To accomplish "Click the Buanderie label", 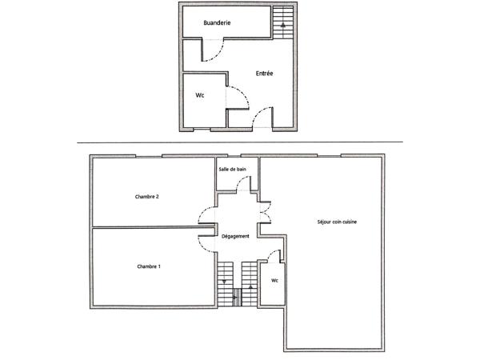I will click(217, 24).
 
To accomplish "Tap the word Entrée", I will click(265, 74).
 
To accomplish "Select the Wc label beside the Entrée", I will click(200, 95).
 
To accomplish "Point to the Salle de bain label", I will click(232, 170).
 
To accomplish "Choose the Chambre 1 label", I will click(149, 266).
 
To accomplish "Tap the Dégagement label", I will click(235, 236).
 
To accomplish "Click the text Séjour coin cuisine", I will click(338, 222).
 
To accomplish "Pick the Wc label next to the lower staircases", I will click(274, 281).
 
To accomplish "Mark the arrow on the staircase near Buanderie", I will click(282, 25).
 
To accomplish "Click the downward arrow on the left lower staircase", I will click(225, 281).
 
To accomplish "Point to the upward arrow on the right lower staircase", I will click(250, 282).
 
